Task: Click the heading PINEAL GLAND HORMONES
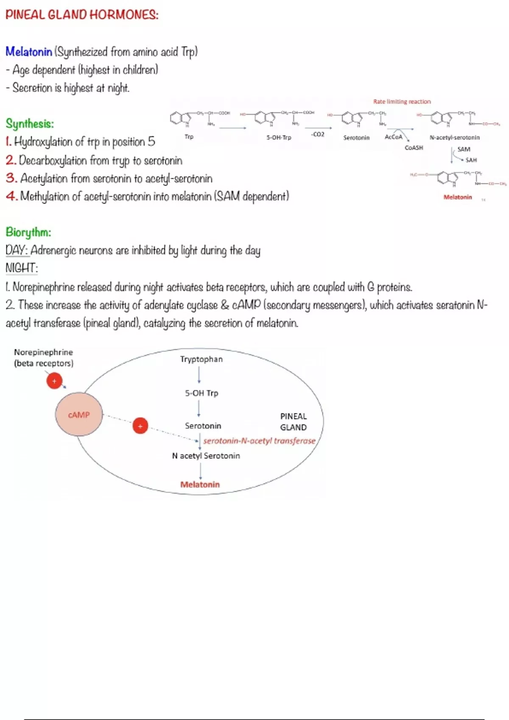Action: (x=82, y=15)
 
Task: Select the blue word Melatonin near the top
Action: (x=28, y=52)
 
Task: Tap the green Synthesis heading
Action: (x=30, y=124)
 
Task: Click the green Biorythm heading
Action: (x=28, y=232)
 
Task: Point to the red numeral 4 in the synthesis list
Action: (x=11, y=196)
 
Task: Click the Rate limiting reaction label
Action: (x=402, y=102)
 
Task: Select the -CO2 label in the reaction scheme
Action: (x=318, y=134)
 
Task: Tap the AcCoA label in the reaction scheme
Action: (x=393, y=137)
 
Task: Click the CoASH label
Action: (x=414, y=148)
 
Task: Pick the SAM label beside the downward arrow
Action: (x=464, y=149)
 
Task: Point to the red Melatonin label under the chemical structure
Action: (x=458, y=197)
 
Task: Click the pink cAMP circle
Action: (x=79, y=415)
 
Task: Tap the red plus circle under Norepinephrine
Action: (x=54, y=381)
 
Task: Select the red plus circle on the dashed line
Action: (x=140, y=426)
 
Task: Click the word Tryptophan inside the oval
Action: (x=201, y=359)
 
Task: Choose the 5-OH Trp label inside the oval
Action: (x=201, y=393)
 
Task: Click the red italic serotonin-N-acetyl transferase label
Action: (x=259, y=441)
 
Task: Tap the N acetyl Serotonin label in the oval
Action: (x=206, y=456)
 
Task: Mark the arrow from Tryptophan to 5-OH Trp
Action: (x=199, y=375)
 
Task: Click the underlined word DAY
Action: (x=17, y=250)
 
